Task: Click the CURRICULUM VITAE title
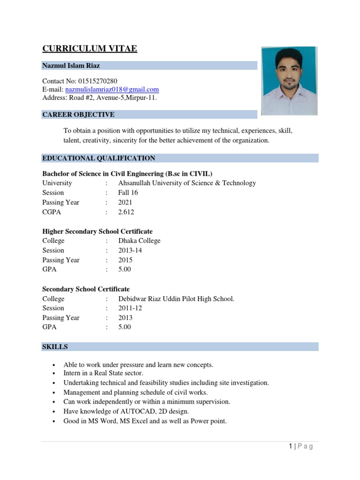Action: tap(90, 49)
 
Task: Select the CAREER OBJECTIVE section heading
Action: tap(78, 114)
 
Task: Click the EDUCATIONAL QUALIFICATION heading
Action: tap(98, 158)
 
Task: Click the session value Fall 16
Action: tap(128, 193)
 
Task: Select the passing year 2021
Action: tap(125, 202)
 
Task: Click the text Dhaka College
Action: tap(139, 240)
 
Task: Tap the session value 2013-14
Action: tap(130, 250)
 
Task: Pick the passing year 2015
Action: tap(125, 260)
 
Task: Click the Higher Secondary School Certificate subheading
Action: tap(97, 232)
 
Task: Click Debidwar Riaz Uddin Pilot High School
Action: tap(176, 299)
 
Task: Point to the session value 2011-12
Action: tap(130, 308)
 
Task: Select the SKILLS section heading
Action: tap(55, 347)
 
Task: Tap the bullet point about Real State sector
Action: tap(103, 373)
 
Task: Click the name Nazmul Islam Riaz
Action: tap(71, 66)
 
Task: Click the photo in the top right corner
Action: tap(289, 81)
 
